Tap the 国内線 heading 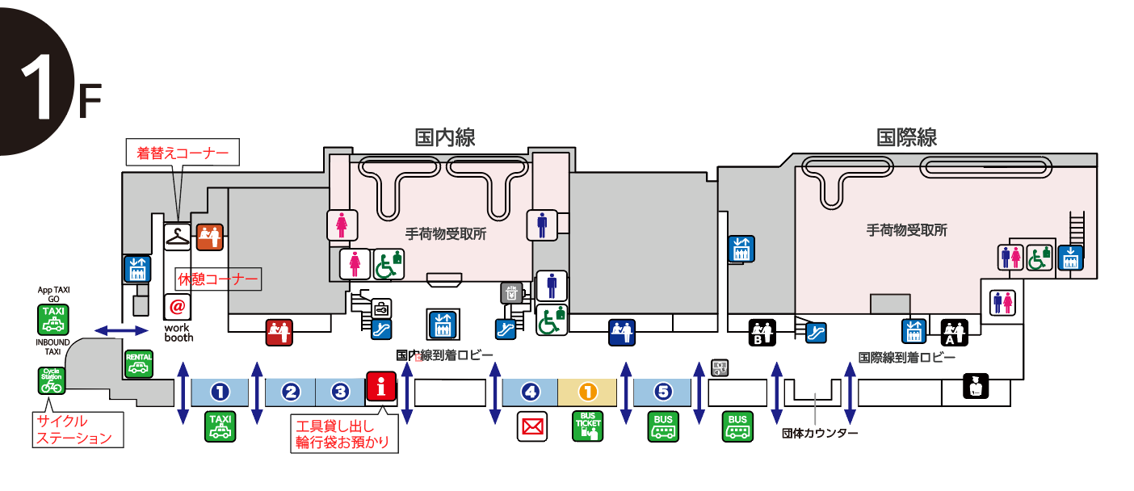click(445, 136)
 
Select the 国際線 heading click(907, 136)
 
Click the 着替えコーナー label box click(183, 152)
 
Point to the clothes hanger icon click(178, 237)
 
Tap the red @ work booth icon click(178, 308)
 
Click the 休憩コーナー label click(218, 279)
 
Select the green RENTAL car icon click(139, 363)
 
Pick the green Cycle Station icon click(52, 380)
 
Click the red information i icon click(382, 387)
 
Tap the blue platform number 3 click(340, 392)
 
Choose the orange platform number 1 click(587, 392)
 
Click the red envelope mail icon click(532, 426)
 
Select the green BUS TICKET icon click(587, 426)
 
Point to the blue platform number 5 click(662, 392)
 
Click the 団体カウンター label click(820, 433)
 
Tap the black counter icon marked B click(763, 332)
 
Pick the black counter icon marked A click(955, 332)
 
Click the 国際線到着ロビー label click(907, 357)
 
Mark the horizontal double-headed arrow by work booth click(122, 329)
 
